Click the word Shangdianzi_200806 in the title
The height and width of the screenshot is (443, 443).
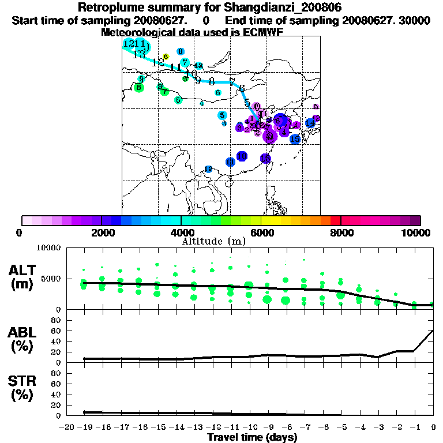(x=277, y=8)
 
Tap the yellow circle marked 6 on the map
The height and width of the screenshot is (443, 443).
(x=166, y=57)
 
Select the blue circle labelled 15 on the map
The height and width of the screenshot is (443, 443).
(x=295, y=139)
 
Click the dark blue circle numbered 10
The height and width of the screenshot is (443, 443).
(x=242, y=156)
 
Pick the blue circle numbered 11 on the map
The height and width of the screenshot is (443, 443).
(x=230, y=163)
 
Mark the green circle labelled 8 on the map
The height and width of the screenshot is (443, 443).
(x=138, y=88)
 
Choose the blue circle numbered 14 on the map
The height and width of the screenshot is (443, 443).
(x=310, y=123)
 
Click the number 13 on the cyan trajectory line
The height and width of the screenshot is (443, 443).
(x=138, y=55)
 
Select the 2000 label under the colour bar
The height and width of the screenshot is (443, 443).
(x=102, y=232)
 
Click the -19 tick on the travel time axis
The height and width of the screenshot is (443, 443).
(x=85, y=427)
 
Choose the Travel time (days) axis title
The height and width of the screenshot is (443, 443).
(x=252, y=437)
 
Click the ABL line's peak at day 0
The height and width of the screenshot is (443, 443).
(x=433, y=331)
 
